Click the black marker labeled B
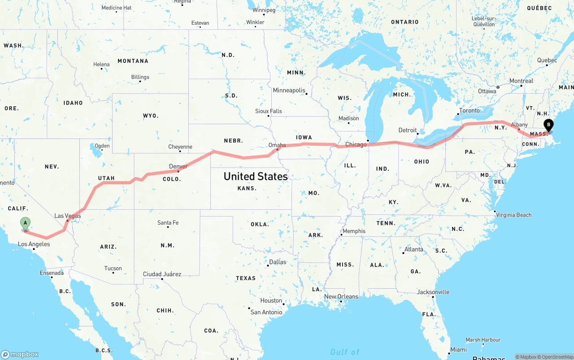548,126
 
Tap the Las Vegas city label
68,216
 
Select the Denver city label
178,167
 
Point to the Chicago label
356,144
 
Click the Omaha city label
277,145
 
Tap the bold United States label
256,176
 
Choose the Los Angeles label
34,244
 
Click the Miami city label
459,349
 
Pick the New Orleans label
341,296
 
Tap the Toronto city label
470,110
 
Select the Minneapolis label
289,90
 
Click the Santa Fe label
168,223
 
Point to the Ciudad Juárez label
162,274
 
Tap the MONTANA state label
133,61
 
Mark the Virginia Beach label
513,215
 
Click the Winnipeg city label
264,10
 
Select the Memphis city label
354,231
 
